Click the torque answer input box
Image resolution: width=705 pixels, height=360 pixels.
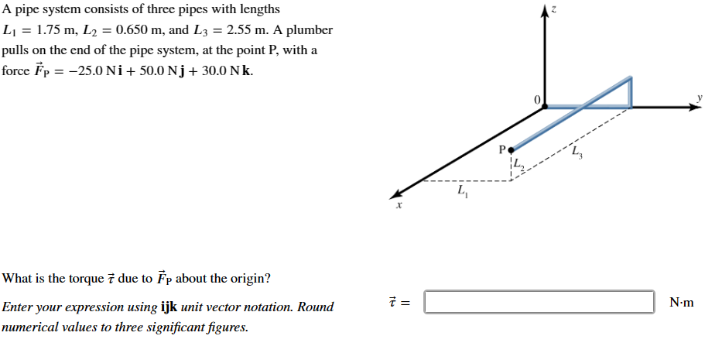[539, 302]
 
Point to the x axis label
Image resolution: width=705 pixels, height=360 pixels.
[399, 207]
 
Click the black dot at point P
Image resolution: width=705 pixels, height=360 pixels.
[511, 149]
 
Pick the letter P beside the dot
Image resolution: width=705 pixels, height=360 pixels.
[501, 149]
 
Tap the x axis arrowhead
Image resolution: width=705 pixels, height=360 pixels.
[395, 194]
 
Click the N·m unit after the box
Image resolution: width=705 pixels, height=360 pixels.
[681, 303]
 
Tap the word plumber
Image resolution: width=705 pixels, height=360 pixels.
[309, 30]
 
